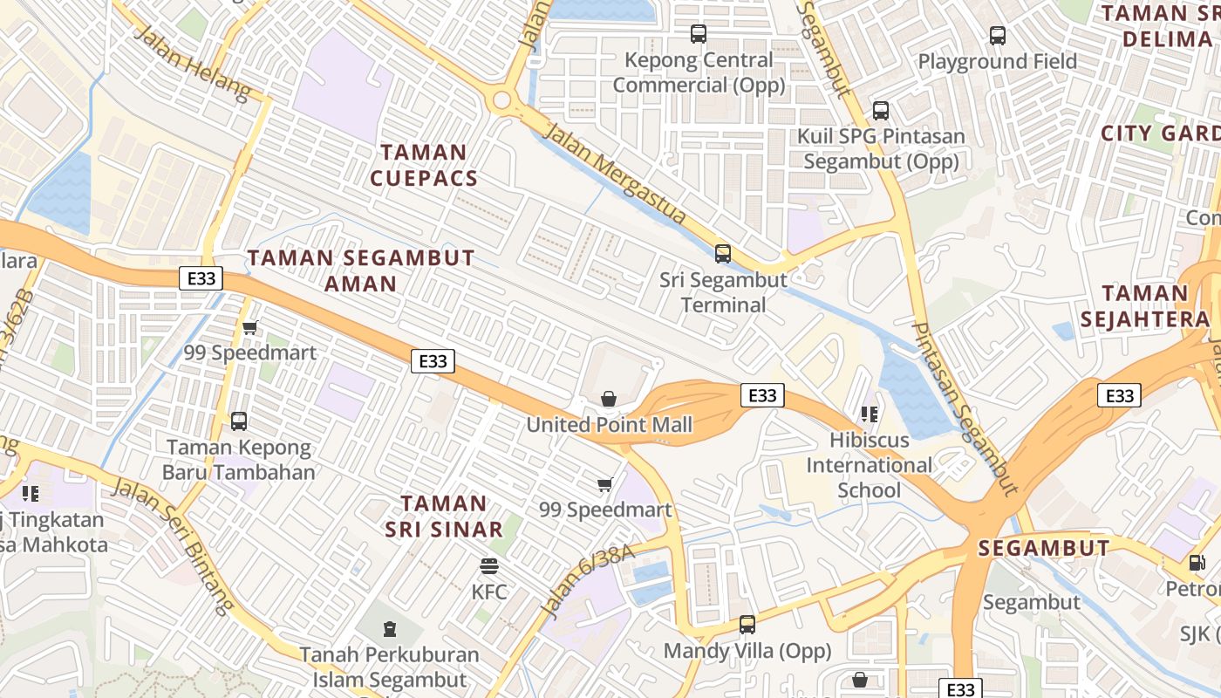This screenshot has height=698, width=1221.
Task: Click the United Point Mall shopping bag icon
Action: tap(609, 399)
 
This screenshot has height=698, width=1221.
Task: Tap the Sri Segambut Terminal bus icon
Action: tap(722, 254)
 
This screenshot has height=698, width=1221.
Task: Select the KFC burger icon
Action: tap(489, 565)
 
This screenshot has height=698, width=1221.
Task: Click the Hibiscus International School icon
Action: tap(869, 414)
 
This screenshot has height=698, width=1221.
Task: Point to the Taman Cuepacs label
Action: tap(424, 165)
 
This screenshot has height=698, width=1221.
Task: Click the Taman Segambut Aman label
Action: tap(361, 270)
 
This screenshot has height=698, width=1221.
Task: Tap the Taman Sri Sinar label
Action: tap(444, 516)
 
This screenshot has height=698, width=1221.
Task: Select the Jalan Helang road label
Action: tap(193, 62)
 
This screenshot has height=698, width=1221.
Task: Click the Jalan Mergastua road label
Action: tap(615, 173)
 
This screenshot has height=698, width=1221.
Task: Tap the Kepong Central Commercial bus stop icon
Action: tap(698, 34)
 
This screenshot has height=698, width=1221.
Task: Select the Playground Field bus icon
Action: tap(997, 36)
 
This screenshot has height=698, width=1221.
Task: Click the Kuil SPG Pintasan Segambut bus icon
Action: tap(880, 111)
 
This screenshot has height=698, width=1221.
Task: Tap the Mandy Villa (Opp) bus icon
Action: tap(747, 625)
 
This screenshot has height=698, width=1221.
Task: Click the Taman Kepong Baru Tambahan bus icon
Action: tap(238, 421)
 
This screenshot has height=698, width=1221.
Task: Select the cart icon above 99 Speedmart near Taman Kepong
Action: tap(250, 328)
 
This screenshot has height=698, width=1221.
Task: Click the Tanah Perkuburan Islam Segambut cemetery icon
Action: tap(389, 628)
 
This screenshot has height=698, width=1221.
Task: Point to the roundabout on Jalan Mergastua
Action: tap(501, 99)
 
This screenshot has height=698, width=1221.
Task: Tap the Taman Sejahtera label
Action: tap(1144, 306)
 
